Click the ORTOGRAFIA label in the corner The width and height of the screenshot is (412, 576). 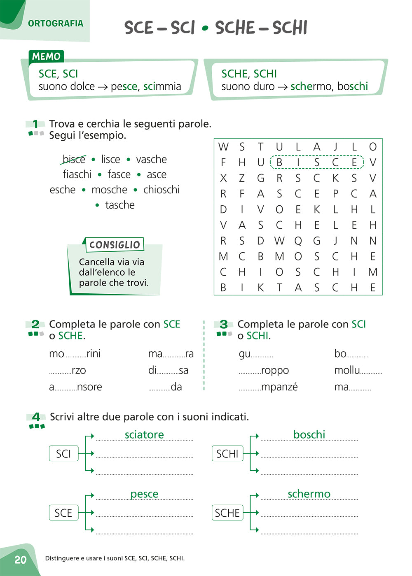56,23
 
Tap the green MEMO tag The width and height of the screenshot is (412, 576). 46,56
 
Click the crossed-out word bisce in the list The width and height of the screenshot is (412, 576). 74,159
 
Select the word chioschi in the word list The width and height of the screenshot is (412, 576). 161,190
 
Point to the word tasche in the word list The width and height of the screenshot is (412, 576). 119,205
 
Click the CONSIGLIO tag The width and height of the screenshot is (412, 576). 115,245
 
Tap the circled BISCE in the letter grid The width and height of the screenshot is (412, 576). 317,162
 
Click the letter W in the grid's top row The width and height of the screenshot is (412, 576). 223,147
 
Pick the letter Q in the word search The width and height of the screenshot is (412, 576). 298,241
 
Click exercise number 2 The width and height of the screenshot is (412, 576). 35,325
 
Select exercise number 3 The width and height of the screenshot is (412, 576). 224,325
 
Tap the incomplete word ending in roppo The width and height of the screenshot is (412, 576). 264,371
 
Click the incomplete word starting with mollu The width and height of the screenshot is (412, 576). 358,370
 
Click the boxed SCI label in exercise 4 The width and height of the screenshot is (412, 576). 63,454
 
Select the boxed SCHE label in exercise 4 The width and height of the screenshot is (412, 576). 227,513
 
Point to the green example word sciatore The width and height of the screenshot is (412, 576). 144,435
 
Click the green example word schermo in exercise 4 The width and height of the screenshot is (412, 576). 309,494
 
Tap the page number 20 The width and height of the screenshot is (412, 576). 20,560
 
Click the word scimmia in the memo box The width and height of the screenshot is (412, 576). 162,86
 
